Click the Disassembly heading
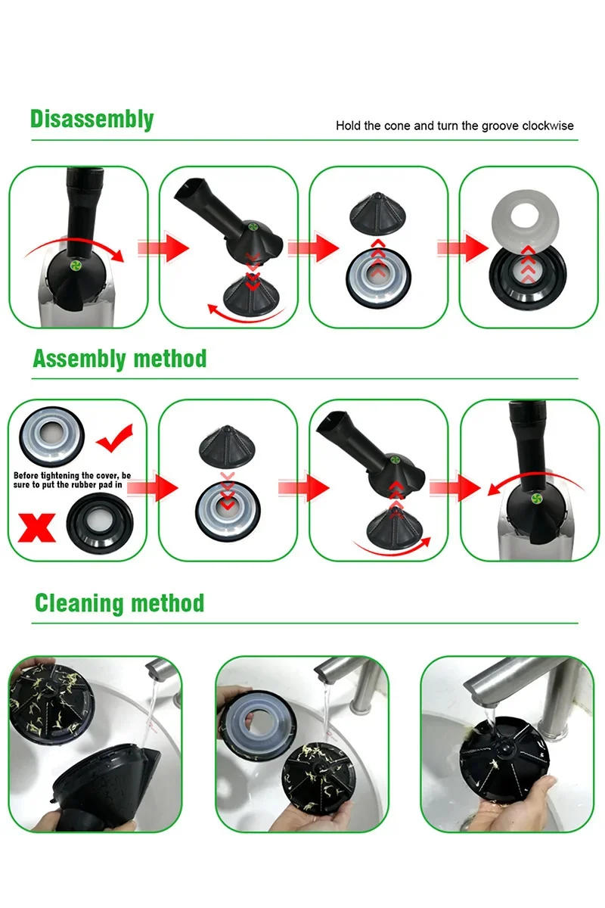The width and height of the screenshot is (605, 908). click(92, 120)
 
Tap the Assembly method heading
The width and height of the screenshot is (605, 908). click(119, 358)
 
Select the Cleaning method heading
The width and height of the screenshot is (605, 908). click(119, 603)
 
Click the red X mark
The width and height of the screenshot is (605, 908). click(39, 527)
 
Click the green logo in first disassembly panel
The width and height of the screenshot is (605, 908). click(76, 266)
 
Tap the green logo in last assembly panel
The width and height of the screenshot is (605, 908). click(536, 499)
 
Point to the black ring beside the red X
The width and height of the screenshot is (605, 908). click(100, 525)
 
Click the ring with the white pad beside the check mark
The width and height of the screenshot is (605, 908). click(51, 437)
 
